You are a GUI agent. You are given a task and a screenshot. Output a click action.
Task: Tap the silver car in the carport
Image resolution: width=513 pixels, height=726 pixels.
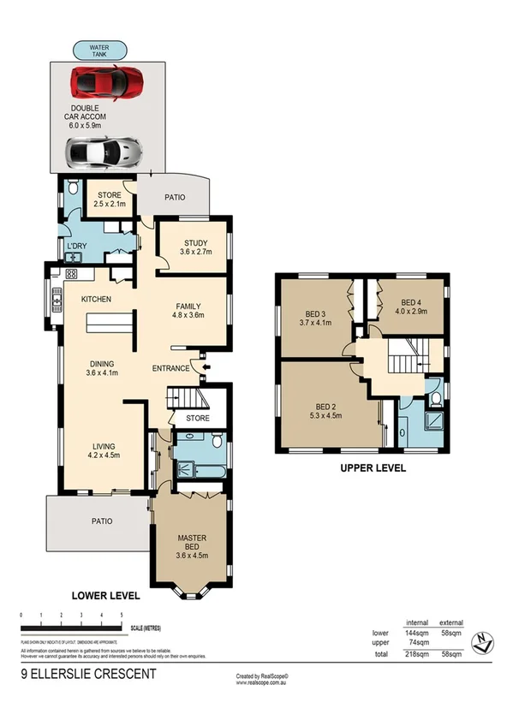tap(101, 152)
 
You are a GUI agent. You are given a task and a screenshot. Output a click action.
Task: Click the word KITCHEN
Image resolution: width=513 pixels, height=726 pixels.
tap(98, 300)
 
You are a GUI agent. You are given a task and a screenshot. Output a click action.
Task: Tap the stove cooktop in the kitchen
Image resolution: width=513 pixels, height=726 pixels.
tap(71, 274)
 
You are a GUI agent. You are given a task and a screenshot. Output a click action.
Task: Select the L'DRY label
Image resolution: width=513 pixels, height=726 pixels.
tap(76, 247)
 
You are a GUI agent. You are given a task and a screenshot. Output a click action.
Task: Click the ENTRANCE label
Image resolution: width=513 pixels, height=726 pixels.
tap(170, 368)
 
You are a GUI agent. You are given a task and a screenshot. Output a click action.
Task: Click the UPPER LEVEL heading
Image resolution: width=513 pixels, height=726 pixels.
tap(373, 468)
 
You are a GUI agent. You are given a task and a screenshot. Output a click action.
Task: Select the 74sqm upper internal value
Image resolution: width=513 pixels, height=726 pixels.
tap(417, 643)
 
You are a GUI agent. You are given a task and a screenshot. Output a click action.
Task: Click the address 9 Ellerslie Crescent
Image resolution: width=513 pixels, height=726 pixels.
tap(88, 675)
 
